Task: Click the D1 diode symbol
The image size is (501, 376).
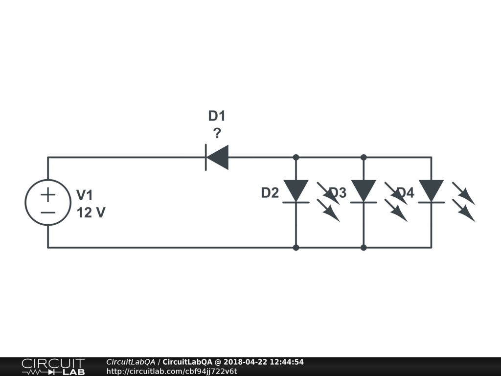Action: (x=217, y=157)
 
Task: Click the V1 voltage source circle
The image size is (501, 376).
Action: (x=48, y=203)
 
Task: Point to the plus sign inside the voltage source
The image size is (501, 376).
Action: (x=48, y=195)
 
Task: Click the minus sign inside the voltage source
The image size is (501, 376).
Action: (x=48, y=212)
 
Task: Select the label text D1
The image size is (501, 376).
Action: (x=217, y=116)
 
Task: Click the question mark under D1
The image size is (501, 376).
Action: (x=217, y=133)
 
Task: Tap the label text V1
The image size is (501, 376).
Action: (x=85, y=195)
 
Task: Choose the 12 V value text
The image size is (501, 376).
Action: (x=91, y=213)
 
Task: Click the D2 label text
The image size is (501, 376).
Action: (x=270, y=193)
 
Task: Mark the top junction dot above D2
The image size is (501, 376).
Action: (x=296, y=157)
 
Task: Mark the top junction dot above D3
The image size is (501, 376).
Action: (x=364, y=157)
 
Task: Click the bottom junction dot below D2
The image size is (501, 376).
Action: (x=296, y=248)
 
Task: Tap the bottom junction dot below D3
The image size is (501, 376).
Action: (x=364, y=248)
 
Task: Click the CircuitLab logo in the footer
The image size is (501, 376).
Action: (x=53, y=367)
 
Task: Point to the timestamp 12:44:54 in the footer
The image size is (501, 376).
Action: (x=287, y=362)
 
